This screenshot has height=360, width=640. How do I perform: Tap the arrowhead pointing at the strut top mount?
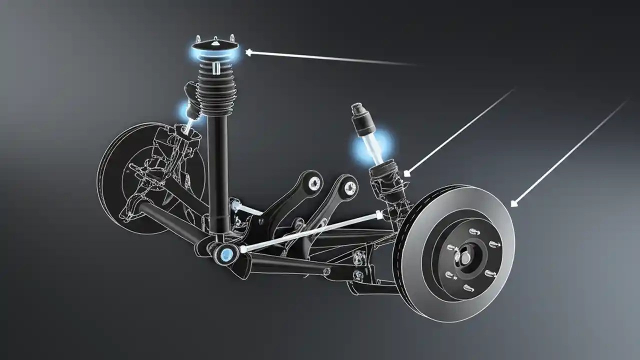pyautogui.click(x=248, y=51)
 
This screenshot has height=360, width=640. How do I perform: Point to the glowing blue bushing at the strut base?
pyautogui.click(x=225, y=254)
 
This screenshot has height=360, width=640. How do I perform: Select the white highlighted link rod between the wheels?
pyautogui.click(x=310, y=231)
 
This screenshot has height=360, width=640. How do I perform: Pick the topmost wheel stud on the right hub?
pyautogui.click(x=473, y=231)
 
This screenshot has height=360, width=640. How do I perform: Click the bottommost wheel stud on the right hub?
pyautogui.click(x=468, y=287)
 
